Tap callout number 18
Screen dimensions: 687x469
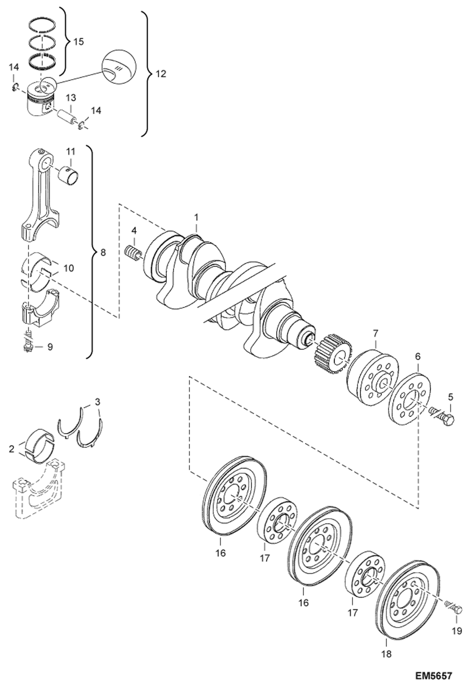point(387,654)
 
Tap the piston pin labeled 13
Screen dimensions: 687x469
point(67,116)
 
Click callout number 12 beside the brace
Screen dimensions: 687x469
point(161,74)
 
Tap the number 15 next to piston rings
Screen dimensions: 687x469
point(79,42)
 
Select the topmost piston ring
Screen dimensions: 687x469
point(42,27)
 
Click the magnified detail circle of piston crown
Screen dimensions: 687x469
point(119,67)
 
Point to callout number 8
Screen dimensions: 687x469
point(103,252)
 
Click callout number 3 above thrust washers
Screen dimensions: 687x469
point(97,402)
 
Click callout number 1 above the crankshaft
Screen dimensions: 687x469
point(196,217)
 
